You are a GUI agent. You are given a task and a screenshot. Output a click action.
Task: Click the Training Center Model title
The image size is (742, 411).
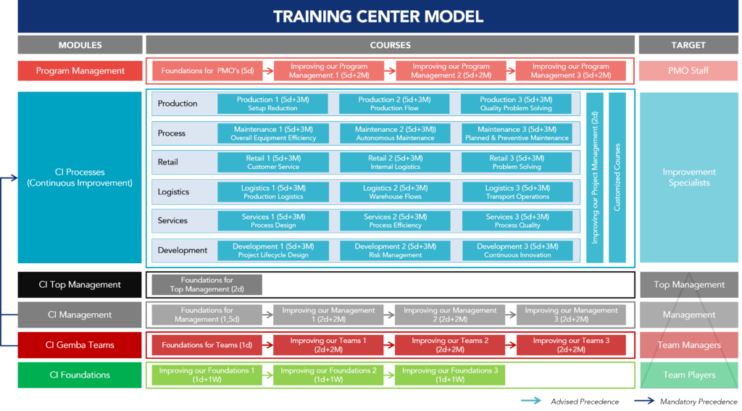click(378, 17)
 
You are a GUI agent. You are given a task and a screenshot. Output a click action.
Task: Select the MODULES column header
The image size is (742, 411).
click(80, 45)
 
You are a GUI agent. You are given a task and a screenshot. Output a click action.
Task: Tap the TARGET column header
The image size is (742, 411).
click(688, 45)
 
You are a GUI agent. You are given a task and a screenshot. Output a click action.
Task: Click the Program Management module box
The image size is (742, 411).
click(80, 70)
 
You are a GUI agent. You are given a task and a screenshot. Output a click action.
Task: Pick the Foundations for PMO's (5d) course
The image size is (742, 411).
click(207, 70)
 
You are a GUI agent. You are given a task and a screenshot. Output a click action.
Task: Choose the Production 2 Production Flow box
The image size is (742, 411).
click(394, 104)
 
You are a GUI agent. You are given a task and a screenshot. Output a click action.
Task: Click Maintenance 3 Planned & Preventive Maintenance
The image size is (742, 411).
click(517, 133)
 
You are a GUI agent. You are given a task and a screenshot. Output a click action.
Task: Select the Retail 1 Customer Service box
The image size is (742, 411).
click(273, 162)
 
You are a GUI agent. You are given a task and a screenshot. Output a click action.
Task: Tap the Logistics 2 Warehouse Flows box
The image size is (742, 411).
click(395, 192)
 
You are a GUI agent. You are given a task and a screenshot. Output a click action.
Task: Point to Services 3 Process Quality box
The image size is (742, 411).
click(517, 220)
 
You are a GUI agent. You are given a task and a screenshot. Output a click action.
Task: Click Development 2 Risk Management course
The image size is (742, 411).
click(395, 251)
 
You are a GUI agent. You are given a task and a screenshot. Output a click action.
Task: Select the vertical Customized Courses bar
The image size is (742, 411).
click(617, 178)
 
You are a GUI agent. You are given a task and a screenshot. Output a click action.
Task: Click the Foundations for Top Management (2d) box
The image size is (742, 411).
click(207, 285)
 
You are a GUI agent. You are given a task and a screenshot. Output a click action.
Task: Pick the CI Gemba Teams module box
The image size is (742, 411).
click(80, 345)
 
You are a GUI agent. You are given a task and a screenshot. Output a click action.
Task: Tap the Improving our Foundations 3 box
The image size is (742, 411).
click(449, 375)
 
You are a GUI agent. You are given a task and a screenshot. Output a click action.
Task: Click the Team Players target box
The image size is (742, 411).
click(688, 375)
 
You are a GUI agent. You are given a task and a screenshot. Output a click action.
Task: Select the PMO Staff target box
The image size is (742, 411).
click(688, 70)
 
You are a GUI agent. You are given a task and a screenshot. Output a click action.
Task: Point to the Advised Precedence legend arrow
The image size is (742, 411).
click(531, 401)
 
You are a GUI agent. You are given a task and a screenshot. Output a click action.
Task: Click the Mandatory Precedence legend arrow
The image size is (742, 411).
click(644, 401)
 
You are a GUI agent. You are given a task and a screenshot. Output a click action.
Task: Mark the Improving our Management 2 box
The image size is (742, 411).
click(449, 315)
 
